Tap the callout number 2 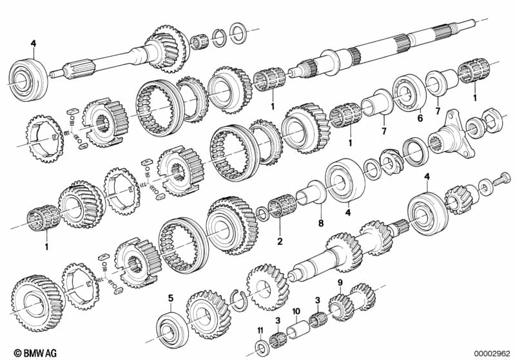[279, 242]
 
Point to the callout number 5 [170, 298]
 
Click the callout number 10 [296, 312]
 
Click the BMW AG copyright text [24, 352]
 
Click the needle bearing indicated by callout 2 [278, 213]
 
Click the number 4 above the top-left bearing [34, 44]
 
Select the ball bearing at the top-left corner [28, 76]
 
